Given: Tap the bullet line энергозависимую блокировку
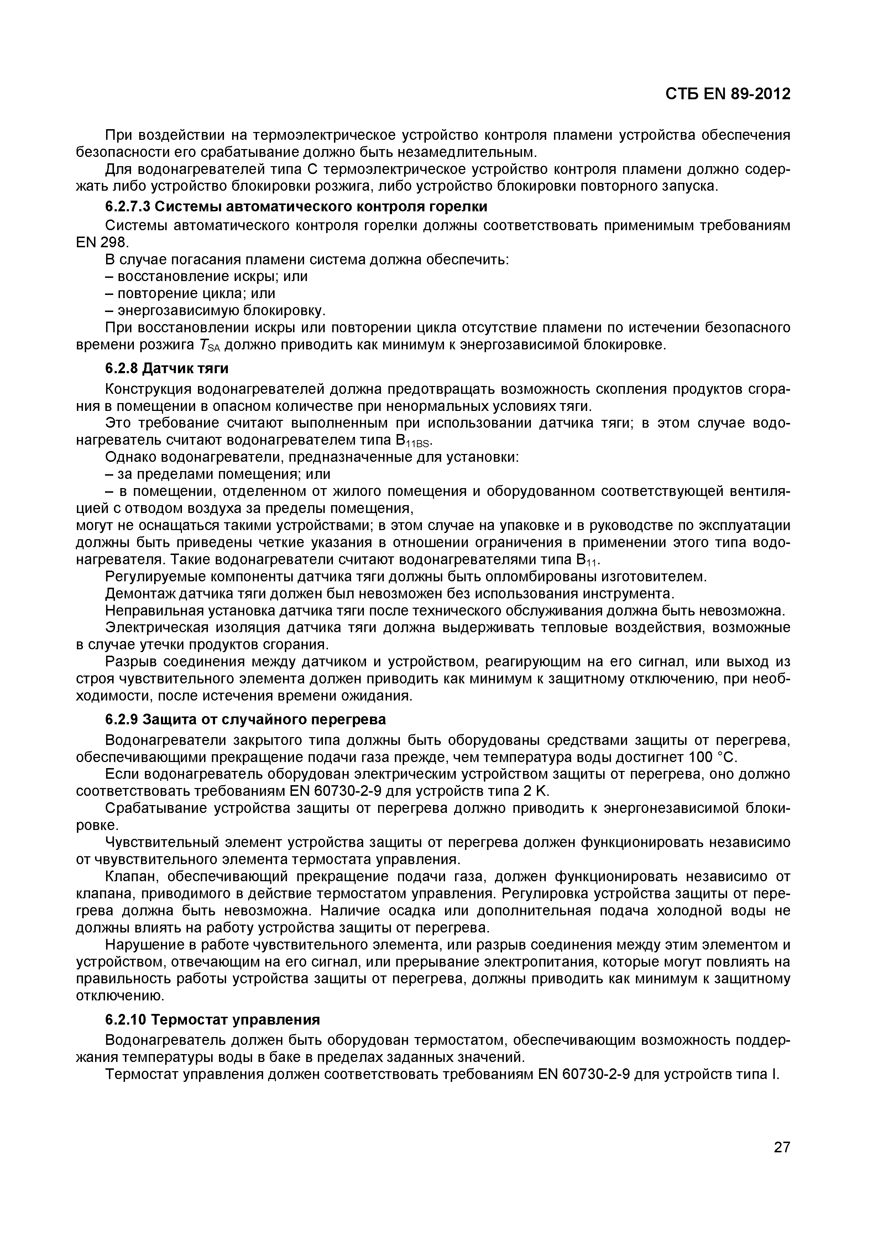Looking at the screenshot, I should [216, 311].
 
